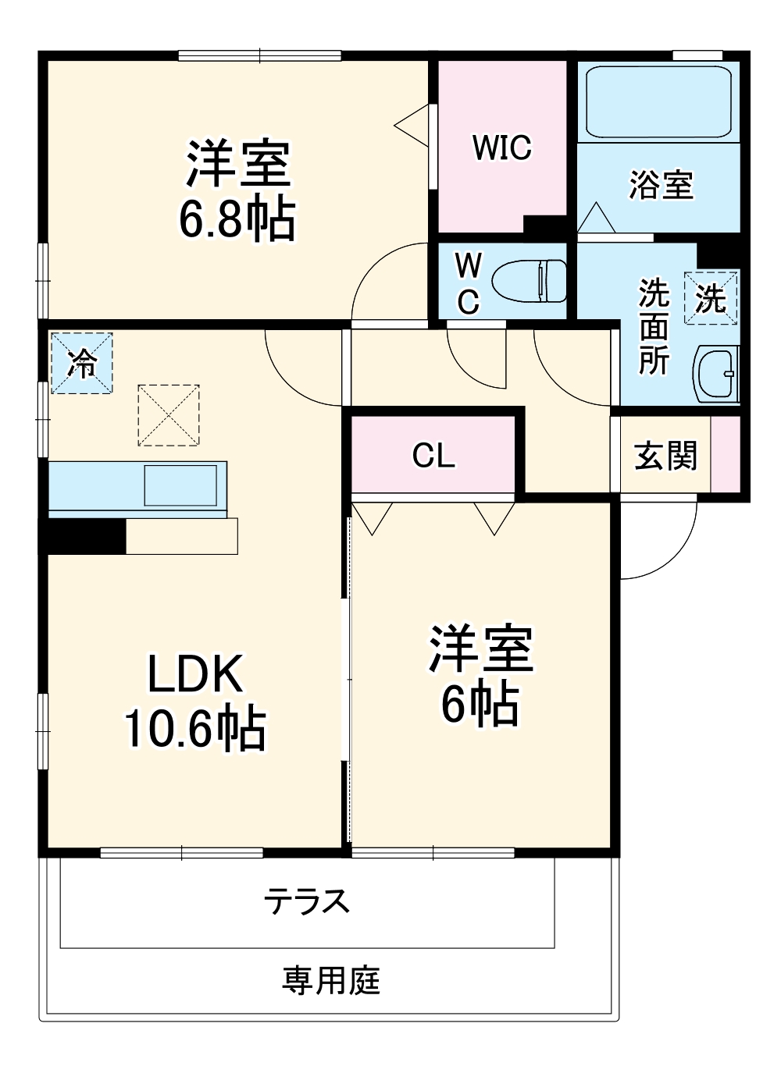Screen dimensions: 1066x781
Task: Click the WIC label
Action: coord(501,147)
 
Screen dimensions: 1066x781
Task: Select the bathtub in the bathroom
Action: coord(658,102)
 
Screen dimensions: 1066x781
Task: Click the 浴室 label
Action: coord(661,185)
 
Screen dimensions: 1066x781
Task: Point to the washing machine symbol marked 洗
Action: coord(711,297)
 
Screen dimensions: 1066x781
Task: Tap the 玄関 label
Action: coord(665,456)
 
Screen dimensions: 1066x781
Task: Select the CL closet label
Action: coord(433,455)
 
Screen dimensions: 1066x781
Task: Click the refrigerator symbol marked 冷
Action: coord(82,363)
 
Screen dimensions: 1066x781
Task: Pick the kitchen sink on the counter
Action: coord(180,485)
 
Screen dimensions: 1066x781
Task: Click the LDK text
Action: coord(194,673)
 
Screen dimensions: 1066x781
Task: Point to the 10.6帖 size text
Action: coord(194,728)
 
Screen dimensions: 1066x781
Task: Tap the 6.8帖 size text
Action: coord(237,219)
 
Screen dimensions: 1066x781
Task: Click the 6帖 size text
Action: coord(480,704)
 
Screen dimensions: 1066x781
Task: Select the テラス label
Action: coord(306,902)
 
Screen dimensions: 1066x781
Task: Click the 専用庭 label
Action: coord(331,980)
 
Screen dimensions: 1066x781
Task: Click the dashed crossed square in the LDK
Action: coord(168,415)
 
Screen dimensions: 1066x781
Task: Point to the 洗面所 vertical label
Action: coord(654,327)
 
